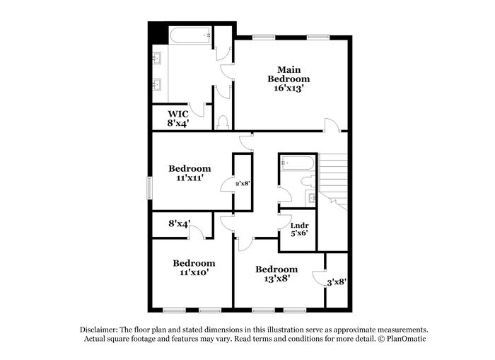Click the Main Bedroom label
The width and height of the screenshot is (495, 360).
289,74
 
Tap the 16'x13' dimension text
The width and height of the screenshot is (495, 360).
289,88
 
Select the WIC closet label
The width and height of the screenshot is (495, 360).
178,114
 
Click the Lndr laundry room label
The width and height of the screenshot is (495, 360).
299,226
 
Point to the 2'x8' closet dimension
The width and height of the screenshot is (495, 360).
243,183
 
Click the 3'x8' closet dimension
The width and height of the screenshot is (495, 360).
337,282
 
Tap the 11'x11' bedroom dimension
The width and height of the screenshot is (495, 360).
190,178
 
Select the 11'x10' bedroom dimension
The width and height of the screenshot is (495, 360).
194,272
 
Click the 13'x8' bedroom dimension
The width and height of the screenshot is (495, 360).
277,279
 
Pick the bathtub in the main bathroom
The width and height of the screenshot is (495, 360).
190,35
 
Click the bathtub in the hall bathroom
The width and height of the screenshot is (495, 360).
298,163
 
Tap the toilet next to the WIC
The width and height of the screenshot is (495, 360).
223,122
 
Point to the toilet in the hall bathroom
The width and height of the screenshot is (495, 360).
307,182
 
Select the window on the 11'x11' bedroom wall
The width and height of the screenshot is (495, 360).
150,188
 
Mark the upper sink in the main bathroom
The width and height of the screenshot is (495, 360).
157,58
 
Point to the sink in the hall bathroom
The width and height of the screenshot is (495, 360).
310,198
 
